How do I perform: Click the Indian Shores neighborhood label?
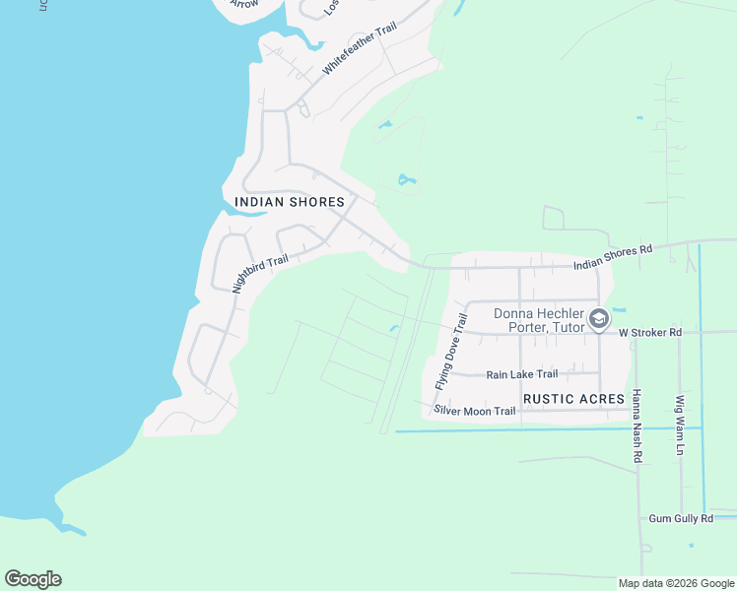tap(290, 202)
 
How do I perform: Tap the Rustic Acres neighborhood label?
tap(574, 399)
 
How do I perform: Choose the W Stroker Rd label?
tap(650, 333)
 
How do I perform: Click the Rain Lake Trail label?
tap(522, 374)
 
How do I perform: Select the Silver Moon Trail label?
tap(476, 411)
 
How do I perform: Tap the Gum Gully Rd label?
tap(681, 518)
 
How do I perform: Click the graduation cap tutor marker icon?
tap(598, 319)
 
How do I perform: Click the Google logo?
tap(33, 579)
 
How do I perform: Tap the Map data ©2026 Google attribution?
tap(676, 583)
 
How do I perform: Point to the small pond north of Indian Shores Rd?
tap(405, 180)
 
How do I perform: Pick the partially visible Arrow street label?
tap(243, 4)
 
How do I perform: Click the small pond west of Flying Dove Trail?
tap(394, 328)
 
